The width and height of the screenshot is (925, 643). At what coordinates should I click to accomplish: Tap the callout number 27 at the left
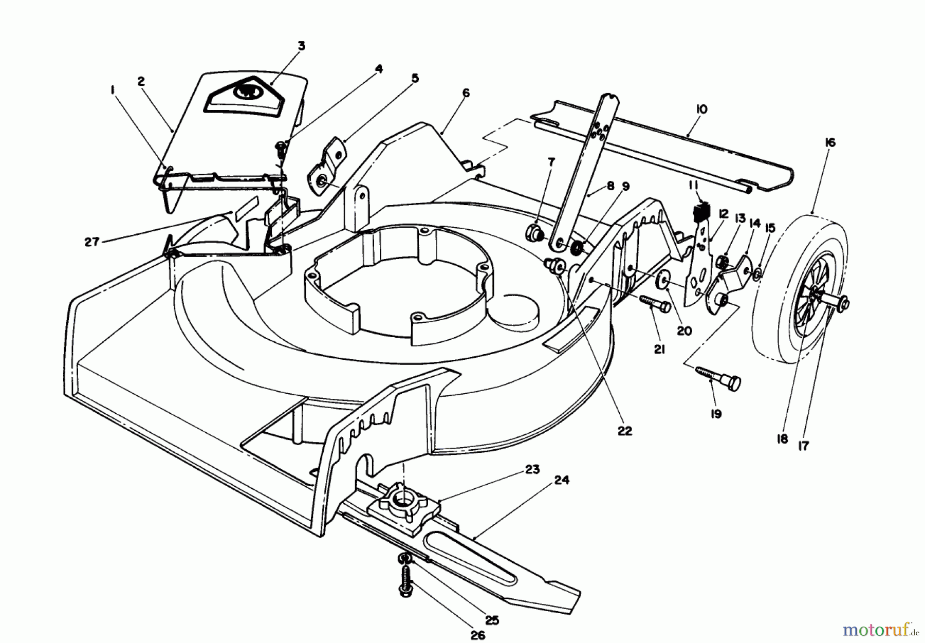pos(92,242)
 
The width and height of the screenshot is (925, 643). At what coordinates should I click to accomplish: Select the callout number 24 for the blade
pos(562,480)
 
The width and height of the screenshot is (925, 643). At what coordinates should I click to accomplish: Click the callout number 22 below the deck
pos(625,431)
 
